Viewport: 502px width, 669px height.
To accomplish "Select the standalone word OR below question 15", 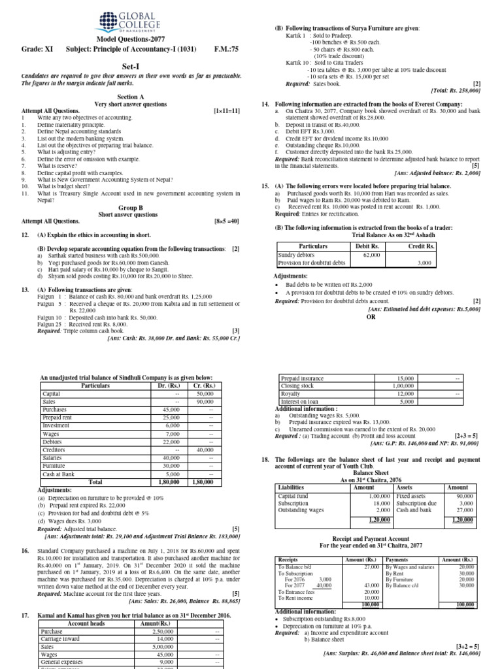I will point(373,316).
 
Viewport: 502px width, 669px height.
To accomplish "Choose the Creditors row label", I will point(54,449).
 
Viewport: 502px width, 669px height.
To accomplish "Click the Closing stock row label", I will point(297,386).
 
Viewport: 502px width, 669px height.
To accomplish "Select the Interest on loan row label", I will point(300,402).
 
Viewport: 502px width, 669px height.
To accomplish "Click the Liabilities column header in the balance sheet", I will point(292,487).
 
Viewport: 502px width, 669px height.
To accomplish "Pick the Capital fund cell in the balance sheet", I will point(293,497).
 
